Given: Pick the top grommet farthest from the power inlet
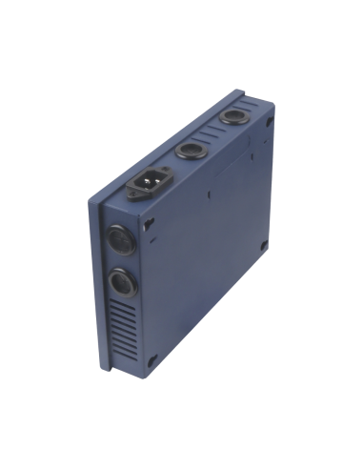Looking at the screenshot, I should [233, 121].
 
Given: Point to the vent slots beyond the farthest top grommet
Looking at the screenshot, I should [253, 107].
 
